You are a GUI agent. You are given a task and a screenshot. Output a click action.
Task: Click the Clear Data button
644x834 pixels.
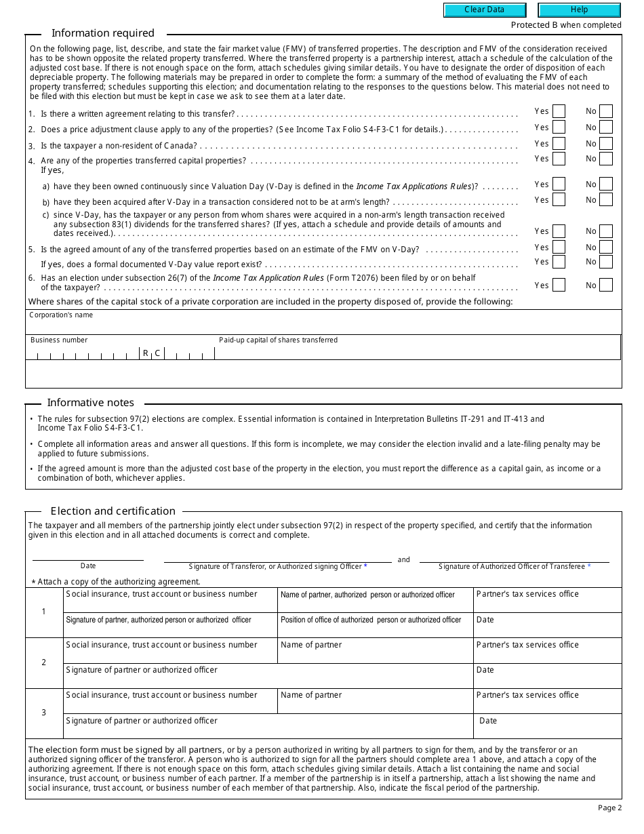tap(485, 10)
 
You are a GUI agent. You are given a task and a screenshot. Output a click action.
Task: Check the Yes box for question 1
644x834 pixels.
tap(559, 111)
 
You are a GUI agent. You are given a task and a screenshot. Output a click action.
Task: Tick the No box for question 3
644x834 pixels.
tap(605, 144)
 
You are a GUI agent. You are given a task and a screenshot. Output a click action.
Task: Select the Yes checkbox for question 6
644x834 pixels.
tap(559, 285)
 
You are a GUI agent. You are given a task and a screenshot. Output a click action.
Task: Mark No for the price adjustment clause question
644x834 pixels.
tap(605, 127)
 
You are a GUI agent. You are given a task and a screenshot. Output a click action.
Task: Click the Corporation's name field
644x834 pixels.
tap(323, 323)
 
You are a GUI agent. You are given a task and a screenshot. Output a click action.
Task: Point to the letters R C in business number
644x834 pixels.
tap(151, 353)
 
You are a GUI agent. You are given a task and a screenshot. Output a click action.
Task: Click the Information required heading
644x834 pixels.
tap(103, 33)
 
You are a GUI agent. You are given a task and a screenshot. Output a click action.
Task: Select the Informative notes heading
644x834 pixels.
tap(90, 403)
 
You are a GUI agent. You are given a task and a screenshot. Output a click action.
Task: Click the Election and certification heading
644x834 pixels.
tap(113, 511)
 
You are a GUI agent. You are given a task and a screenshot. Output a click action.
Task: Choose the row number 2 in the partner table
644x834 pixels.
tap(44, 662)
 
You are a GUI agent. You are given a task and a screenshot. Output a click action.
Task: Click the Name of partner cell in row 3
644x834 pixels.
tap(375, 701)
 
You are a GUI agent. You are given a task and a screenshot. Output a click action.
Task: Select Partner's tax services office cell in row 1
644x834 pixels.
tap(547, 599)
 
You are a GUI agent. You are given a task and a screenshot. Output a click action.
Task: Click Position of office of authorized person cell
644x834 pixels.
tap(375, 625)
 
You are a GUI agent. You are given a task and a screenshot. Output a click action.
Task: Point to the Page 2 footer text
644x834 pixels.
tap(609, 808)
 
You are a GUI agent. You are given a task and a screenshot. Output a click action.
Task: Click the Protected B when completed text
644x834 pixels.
tap(566, 25)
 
